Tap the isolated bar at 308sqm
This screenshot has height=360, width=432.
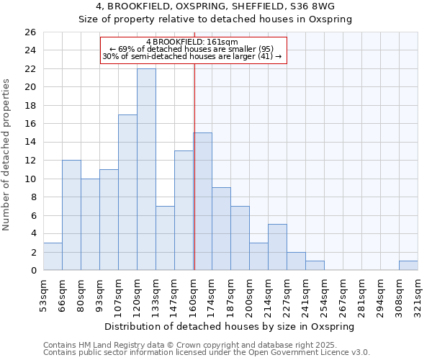(408, 265)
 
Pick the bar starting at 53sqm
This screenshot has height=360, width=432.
(53, 256)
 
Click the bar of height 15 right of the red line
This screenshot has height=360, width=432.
(203, 202)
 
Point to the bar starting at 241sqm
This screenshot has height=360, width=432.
(315, 265)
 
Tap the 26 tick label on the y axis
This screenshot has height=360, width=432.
(30, 32)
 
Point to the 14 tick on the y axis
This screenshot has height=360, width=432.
(30, 143)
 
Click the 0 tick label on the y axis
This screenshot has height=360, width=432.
(33, 271)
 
